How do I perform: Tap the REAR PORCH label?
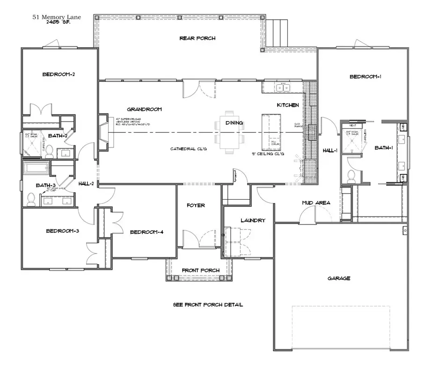pyautogui.click(x=197, y=38)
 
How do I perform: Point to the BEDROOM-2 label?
pyautogui.click(x=59, y=74)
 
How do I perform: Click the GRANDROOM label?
pyautogui.click(x=144, y=109)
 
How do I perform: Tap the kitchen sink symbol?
pyautogui.click(x=283, y=87)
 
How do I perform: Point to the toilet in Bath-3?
pyautogui.click(x=31, y=200)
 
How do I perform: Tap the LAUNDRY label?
pyautogui.click(x=253, y=220)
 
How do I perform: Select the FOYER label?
pyautogui.click(x=196, y=205)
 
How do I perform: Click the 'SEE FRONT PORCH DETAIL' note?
pyautogui.click(x=208, y=305)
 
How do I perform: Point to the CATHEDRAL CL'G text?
pyautogui.click(x=188, y=148)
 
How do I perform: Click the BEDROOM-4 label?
pyautogui.click(x=146, y=232)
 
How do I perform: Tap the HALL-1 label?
pyautogui.click(x=330, y=151)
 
